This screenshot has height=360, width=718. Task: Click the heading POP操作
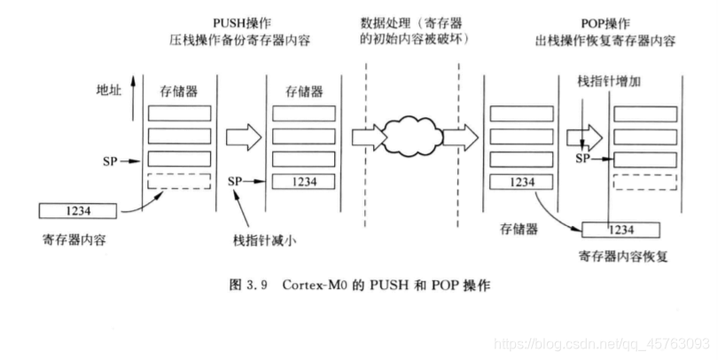pos(593,23)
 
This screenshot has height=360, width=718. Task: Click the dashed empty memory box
pos(179,181)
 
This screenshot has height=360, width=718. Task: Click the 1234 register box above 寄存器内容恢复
pos(620,229)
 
